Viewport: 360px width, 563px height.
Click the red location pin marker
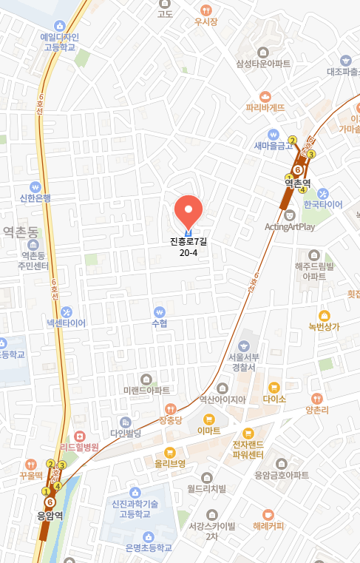(x=189, y=210)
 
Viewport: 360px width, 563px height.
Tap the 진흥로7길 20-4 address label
(x=189, y=246)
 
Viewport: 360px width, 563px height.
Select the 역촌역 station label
(x=299, y=182)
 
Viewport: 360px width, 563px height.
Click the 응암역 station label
(x=50, y=516)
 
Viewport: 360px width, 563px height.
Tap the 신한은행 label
(x=35, y=198)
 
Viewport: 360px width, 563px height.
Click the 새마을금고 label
(x=274, y=146)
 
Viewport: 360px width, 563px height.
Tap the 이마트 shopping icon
(x=209, y=419)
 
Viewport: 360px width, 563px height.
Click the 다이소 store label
(x=274, y=397)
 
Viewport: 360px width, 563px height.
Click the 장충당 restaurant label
(x=170, y=419)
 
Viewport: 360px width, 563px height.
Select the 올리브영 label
(x=169, y=463)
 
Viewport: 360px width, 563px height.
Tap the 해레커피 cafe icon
(x=268, y=514)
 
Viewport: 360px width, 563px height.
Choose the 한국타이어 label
(x=323, y=204)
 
